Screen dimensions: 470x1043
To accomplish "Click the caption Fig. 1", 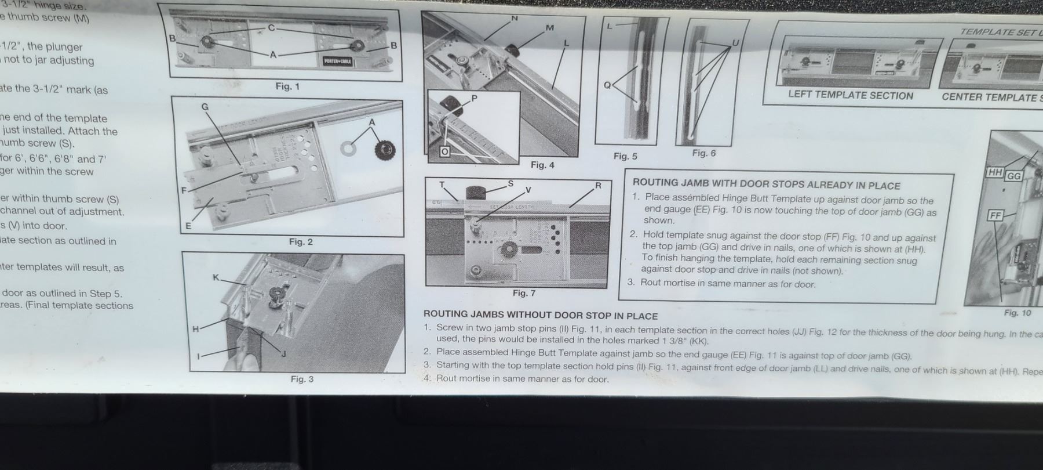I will pos(287,86).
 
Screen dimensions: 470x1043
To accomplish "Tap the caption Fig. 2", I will pos(301,242).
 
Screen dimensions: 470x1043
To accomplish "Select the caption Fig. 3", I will pos(302,379).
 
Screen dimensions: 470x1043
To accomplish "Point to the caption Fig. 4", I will pos(542,165).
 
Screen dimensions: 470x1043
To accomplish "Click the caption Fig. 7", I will pos(524,294).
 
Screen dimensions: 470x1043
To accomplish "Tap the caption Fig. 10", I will pos(1018,313).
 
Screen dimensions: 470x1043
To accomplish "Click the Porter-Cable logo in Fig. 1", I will pos(338,62).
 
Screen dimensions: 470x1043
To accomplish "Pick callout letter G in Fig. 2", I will pos(205,107).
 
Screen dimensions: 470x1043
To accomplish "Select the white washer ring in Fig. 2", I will pos(349,149).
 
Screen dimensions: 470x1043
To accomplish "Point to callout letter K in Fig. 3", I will pos(216,277).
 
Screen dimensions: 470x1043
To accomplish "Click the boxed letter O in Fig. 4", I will pos(444,152).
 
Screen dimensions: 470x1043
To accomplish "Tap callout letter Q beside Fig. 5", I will pos(607,85).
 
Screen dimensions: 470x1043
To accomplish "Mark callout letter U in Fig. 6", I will pos(736,43).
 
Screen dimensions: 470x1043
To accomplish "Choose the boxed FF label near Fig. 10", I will pos(995,216).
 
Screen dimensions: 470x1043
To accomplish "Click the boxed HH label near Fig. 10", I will pos(995,172).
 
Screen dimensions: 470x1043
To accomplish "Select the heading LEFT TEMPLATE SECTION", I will pos(850,96).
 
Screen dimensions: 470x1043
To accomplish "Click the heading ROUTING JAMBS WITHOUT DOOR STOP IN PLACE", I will pos(540,316).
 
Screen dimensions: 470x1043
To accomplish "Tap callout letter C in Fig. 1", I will pos(271,28).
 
